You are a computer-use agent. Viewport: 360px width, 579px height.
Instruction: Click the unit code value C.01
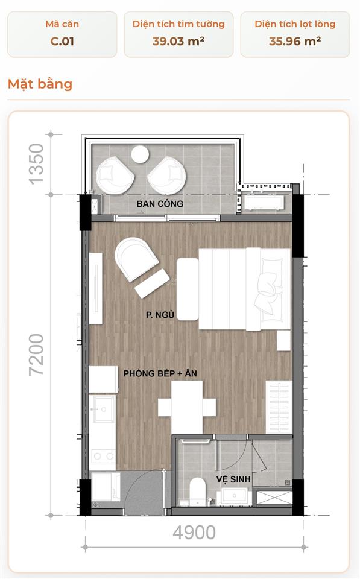[x=62, y=41]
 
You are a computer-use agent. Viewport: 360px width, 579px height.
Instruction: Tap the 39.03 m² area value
[x=178, y=41]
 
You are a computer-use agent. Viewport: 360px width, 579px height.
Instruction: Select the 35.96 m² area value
[x=295, y=41]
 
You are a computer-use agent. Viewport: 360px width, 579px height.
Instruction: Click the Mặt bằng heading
[x=40, y=84]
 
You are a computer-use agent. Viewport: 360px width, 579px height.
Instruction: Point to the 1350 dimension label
[x=36, y=164]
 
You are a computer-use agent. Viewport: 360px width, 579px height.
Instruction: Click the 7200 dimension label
[x=36, y=355]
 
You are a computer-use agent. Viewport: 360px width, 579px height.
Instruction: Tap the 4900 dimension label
[x=194, y=532]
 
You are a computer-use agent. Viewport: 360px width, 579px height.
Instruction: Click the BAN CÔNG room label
[x=160, y=203]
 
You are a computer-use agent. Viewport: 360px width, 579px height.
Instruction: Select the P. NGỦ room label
[x=160, y=315]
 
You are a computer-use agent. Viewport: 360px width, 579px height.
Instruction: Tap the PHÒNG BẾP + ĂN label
[x=160, y=373]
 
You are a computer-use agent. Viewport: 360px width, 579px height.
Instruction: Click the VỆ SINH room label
[x=233, y=479]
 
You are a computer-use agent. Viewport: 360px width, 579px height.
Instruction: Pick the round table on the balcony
[x=141, y=154]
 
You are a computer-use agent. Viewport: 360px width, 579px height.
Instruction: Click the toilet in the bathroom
[x=198, y=491]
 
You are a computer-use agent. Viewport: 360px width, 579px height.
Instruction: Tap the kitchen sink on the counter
[x=103, y=409]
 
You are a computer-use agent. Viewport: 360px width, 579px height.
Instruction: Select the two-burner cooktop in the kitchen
[x=103, y=456]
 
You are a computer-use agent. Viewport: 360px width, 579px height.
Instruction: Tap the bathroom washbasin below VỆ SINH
[x=234, y=496]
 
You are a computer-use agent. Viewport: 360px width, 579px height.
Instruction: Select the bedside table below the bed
[x=283, y=340]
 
